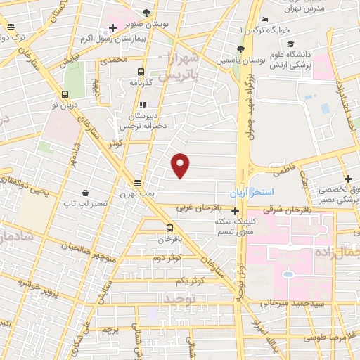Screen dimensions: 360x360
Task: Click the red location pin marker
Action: point(181,164)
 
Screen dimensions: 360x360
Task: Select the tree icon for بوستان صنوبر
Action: point(146,12)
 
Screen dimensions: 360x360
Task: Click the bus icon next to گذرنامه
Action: point(141,72)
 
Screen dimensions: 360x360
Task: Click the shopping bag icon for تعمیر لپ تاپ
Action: point(85,192)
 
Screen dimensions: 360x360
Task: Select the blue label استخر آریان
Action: point(252,192)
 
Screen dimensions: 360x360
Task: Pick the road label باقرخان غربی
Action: point(199,207)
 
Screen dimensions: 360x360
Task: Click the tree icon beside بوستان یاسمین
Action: point(240,48)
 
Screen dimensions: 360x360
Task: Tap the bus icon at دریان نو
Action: point(65,94)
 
